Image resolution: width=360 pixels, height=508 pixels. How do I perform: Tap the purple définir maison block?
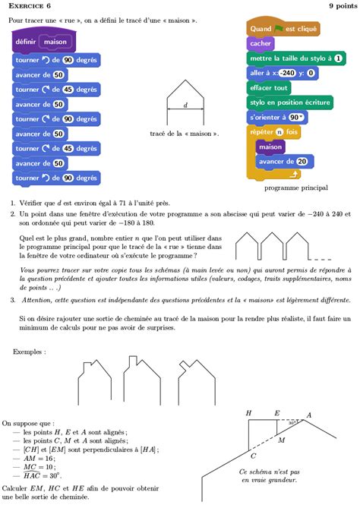pyautogui.click(x=43, y=42)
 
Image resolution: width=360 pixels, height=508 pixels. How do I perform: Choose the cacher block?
pyautogui.click(x=261, y=43)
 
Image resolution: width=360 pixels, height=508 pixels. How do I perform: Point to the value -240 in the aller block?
pyautogui.click(x=286, y=73)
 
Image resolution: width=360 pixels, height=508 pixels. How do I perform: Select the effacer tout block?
pyautogui.click(x=269, y=87)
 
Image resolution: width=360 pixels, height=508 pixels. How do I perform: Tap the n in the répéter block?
pyautogui.click(x=279, y=131)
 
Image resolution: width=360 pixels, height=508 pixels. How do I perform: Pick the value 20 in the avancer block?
pyautogui.click(x=302, y=161)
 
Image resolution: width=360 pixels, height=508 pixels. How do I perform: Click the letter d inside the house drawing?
pyautogui.click(x=185, y=106)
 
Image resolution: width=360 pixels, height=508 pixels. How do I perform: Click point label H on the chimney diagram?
pyautogui.click(x=248, y=413)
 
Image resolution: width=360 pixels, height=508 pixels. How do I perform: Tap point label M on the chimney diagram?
pyautogui.click(x=281, y=440)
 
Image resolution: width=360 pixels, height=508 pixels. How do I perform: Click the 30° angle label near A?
pyautogui.click(x=291, y=422)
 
